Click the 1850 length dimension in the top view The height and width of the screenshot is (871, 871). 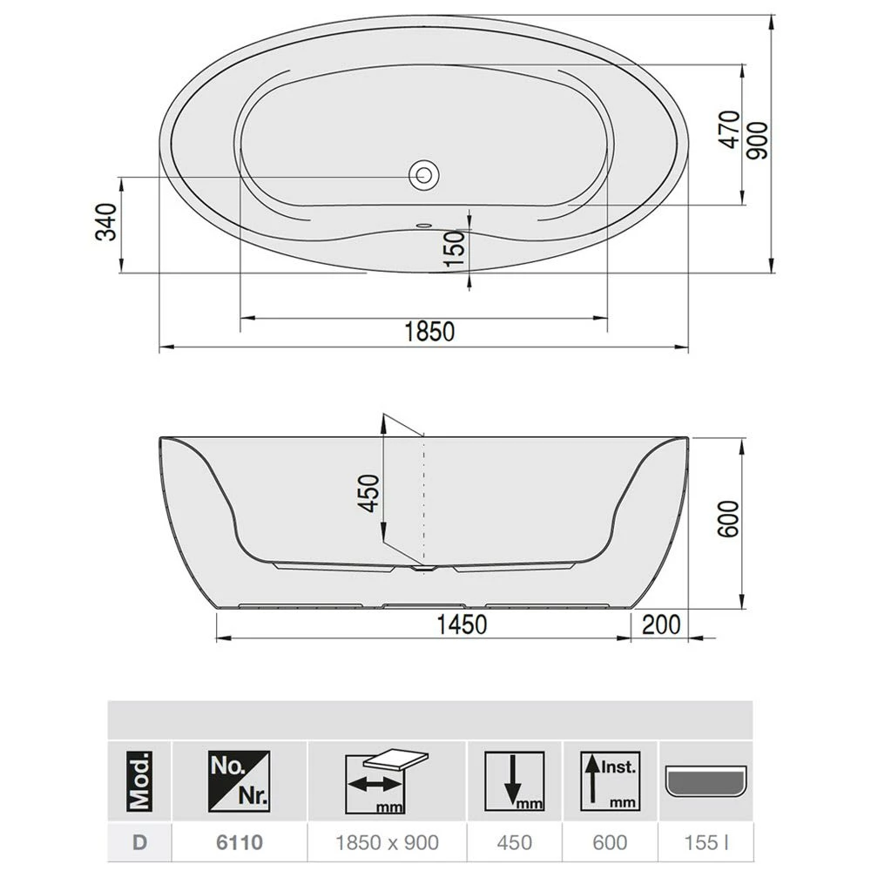429,332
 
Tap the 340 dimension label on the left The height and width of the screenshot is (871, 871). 105,224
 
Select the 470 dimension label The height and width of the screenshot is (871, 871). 730,130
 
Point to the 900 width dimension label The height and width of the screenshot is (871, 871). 757,139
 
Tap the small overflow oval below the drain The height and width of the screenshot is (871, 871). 424,223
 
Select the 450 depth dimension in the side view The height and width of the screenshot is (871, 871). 369,493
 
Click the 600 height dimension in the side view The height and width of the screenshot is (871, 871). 728,520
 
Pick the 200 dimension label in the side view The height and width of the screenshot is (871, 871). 660,624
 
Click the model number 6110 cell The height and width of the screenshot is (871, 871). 240,842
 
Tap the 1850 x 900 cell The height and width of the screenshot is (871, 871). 388,842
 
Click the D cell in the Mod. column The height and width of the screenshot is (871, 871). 140,842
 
